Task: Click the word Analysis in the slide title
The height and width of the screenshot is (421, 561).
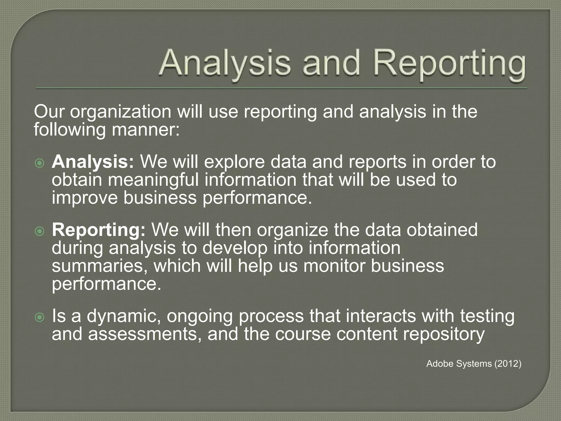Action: [225, 64]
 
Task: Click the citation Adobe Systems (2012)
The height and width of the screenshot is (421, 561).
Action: [474, 364]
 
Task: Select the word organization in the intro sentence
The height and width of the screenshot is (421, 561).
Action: [121, 112]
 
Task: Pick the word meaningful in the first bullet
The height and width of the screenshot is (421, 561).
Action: [153, 180]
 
